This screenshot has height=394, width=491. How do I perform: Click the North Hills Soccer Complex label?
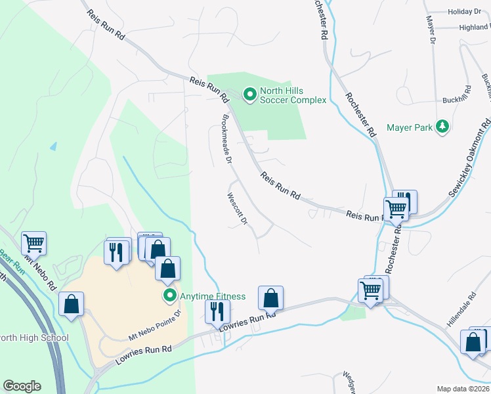point(293,95)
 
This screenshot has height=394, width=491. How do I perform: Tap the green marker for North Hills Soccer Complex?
point(249,96)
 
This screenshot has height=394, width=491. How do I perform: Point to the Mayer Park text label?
point(409,127)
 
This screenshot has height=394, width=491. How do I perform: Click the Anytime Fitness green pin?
point(170,296)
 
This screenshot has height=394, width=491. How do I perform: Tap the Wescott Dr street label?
point(236,208)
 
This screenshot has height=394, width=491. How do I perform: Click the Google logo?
point(22,386)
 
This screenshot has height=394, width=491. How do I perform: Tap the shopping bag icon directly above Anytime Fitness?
point(168,268)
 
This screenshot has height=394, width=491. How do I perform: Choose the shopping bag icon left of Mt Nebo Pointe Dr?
point(71,304)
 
